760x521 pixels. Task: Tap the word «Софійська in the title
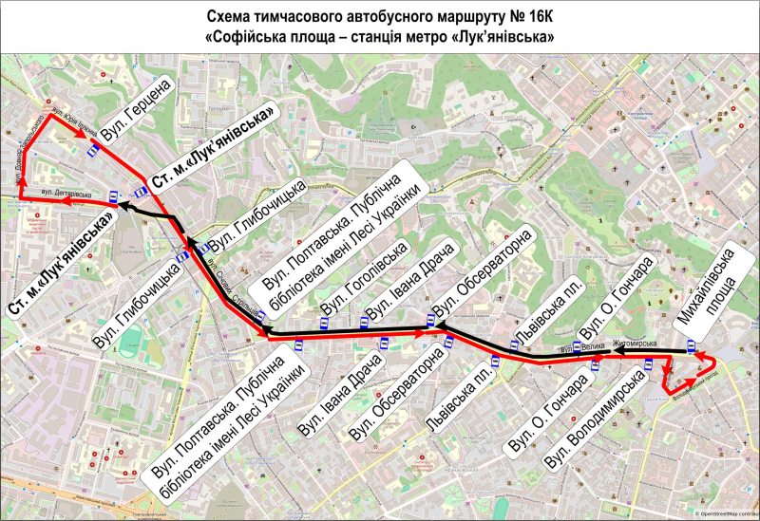tap(250, 37)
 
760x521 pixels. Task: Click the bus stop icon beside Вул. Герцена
tap(92, 149)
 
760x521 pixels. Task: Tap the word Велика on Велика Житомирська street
tap(593, 349)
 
